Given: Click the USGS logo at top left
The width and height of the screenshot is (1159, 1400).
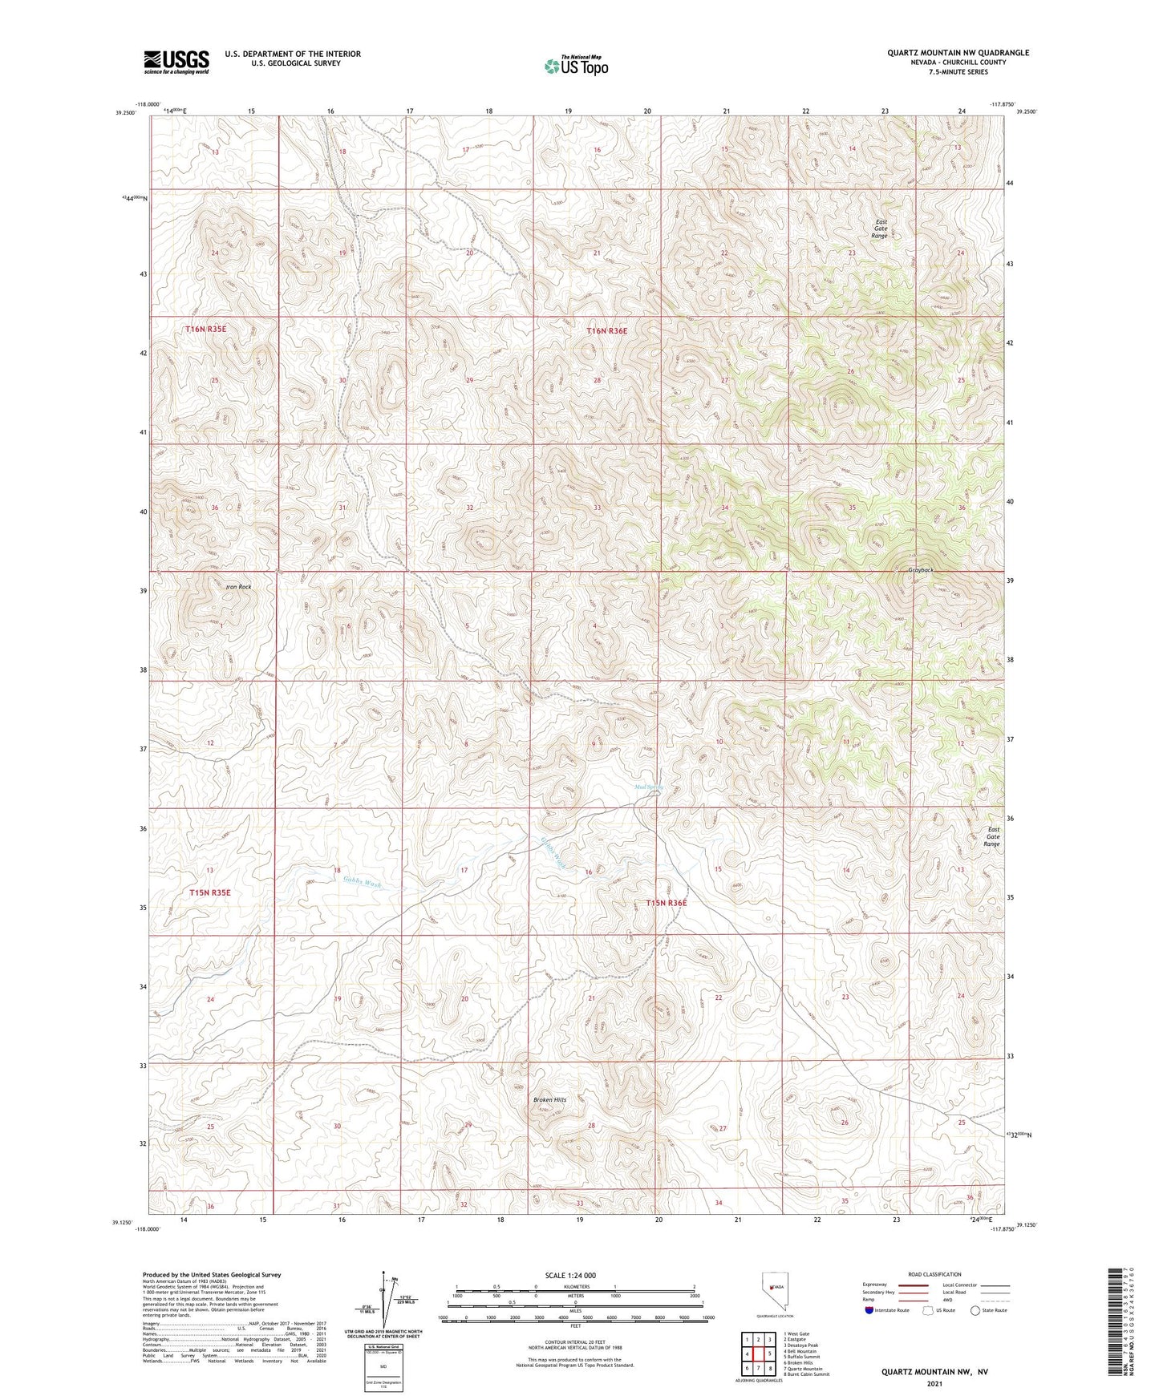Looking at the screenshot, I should (176, 62).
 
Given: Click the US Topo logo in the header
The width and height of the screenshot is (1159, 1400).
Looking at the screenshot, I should (575, 66).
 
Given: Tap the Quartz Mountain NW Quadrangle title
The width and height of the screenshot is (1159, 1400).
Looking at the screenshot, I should (958, 53).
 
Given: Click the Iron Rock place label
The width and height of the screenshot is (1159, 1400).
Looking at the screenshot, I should (238, 587).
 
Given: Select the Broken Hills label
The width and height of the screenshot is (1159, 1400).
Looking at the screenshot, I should (549, 1099).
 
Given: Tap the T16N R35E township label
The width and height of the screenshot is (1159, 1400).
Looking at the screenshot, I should (206, 330).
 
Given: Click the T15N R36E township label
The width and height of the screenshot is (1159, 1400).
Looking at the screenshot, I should (667, 903).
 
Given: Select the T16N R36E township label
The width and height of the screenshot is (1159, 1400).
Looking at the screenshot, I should (606, 330).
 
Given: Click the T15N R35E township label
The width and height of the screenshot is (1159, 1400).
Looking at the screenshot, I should (210, 892).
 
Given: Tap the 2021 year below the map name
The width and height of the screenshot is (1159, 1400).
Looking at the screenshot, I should (934, 1383).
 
